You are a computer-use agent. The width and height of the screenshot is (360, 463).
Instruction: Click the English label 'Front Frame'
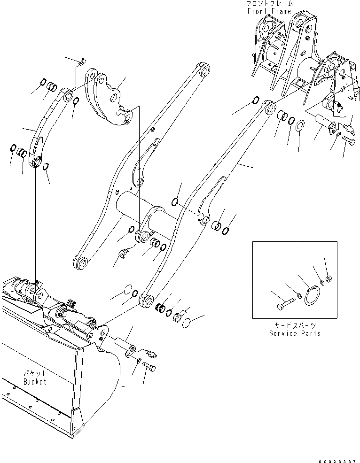click(268, 11)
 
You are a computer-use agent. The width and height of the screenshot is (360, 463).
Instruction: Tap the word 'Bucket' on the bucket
click(35, 382)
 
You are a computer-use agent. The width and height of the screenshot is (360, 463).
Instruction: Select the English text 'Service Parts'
click(295, 333)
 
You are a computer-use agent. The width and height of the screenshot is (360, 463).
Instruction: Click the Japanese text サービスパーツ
click(295, 325)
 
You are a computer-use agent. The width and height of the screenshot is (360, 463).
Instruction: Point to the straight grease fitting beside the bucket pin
click(150, 353)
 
